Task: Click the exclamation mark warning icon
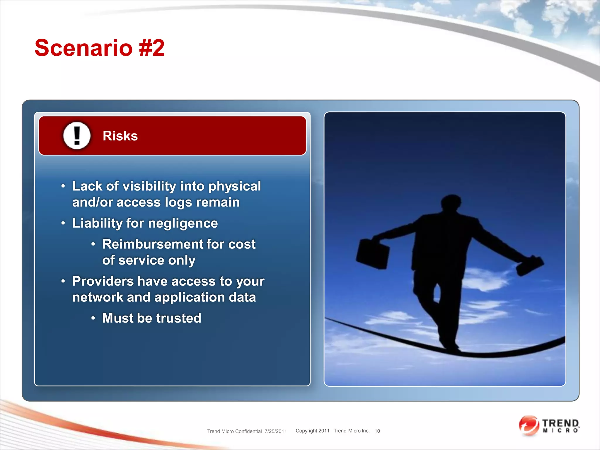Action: click(77, 136)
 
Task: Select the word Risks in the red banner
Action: click(120, 136)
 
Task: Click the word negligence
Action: click(183, 224)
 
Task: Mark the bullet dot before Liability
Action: click(63, 223)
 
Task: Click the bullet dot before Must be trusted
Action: click(93, 318)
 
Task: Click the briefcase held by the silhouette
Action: click(372, 254)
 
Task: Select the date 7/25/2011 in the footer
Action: click(275, 431)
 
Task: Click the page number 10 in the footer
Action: click(377, 431)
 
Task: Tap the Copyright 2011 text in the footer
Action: click(312, 431)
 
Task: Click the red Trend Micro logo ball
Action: click(529, 425)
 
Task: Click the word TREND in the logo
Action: click(560, 423)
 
